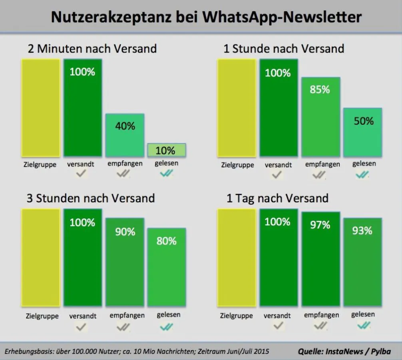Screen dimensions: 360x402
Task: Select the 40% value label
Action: pos(125,126)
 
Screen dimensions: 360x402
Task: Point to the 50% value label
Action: pos(363,121)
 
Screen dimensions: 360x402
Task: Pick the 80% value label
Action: pos(167,241)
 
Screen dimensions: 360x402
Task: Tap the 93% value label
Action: pos(362,231)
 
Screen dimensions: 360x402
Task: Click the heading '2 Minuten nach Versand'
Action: pos(92,49)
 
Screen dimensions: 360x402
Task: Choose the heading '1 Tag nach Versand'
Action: pos(277,198)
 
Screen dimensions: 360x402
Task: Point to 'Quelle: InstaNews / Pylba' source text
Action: pos(344,351)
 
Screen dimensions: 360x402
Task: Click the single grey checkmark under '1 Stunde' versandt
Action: pos(277,174)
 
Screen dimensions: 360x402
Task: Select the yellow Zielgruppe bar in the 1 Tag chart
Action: pos(236,258)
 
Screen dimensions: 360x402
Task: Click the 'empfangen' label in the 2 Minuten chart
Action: pos(125,163)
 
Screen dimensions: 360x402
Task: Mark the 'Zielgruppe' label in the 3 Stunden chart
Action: pos(42,316)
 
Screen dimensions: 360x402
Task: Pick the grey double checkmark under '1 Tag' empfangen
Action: pos(320,326)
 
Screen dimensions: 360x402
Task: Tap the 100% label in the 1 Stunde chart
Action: pos(278,73)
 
